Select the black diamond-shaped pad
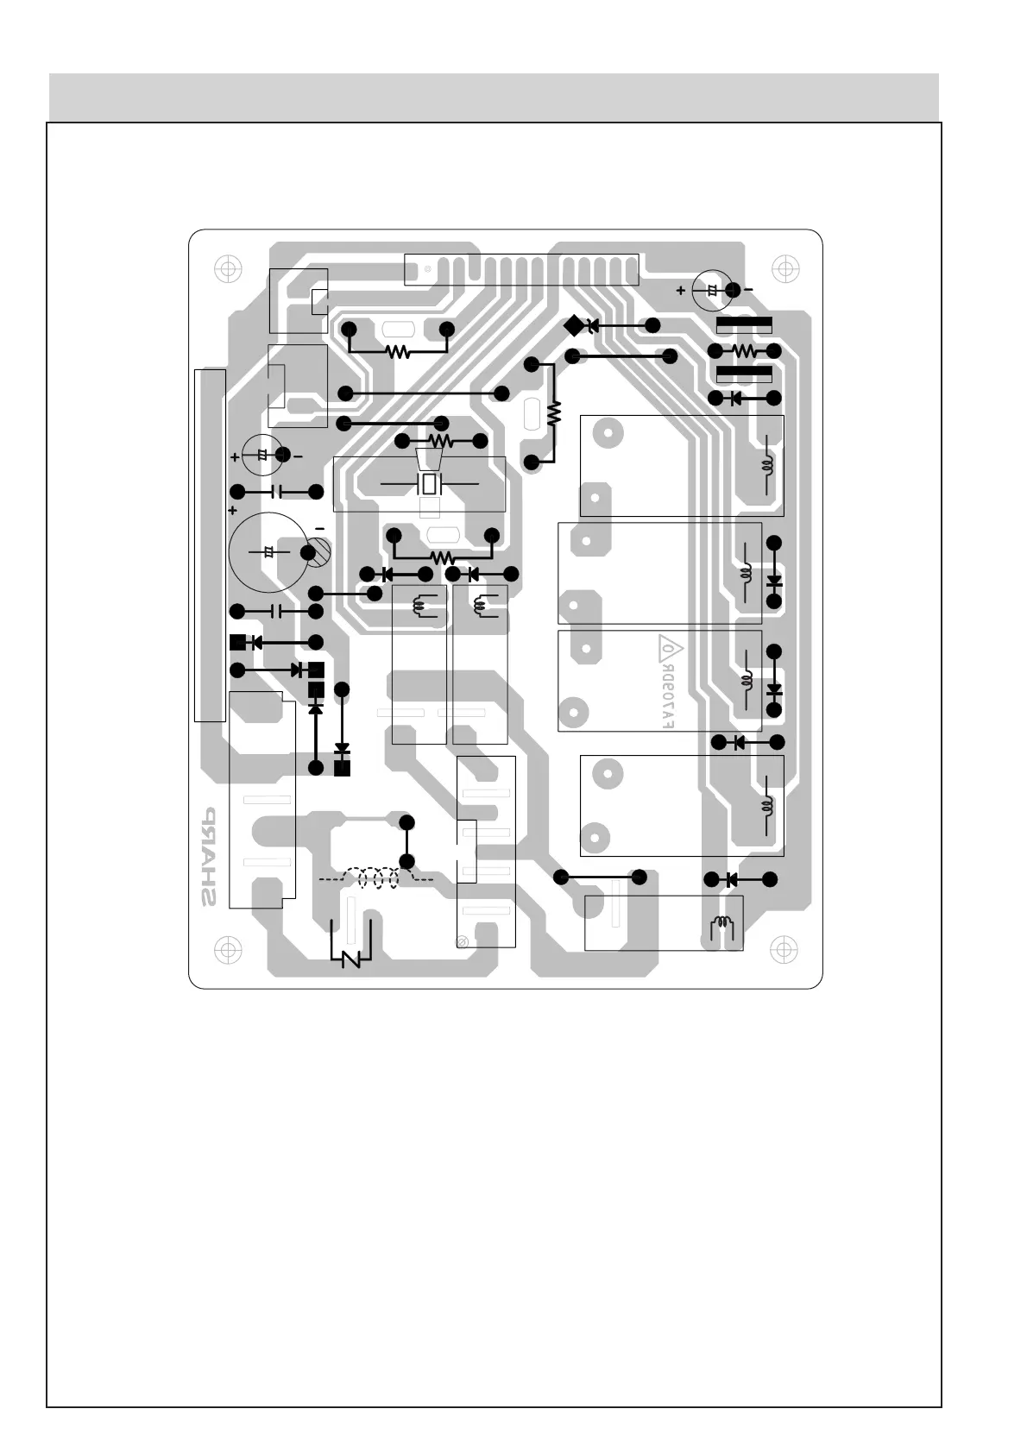click(572, 326)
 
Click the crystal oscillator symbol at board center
click(429, 484)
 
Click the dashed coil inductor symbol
click(376, 878)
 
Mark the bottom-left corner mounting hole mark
click(227, 949)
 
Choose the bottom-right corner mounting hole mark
click(784, 949)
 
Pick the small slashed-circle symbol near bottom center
click(462, 940)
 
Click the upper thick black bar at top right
click(744, 325)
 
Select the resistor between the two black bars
click(744, 351)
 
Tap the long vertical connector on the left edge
click(210, 545)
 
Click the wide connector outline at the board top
click(521, 269)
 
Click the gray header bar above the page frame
click(494, 97)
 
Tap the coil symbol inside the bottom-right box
click(722, 927)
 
